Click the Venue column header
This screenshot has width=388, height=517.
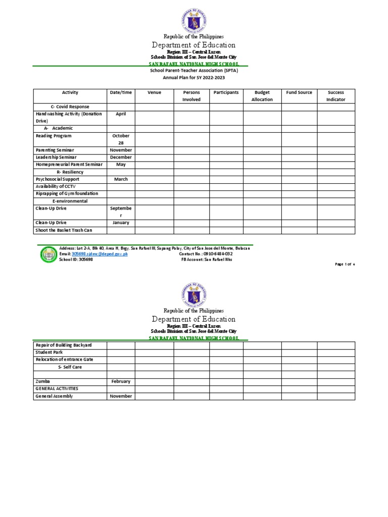pyautogui.click(x=154, y=92)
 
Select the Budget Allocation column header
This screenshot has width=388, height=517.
pyautogui.click(x=262, y=96)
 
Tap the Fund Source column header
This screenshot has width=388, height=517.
pyautogui.click(x=299, y=92)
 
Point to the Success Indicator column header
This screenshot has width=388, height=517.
pyautogui.click(x=336, y=96)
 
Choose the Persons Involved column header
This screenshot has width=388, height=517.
pyautogui.click(x=191, y=96)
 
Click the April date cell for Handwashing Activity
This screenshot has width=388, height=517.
pyautogui.click(x=121, y=114)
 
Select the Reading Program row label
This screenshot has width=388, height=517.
pyautogui.click(x=54, y=136)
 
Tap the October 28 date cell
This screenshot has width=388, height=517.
pyautogui.click(x=121, y=139)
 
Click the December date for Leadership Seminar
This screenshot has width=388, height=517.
pyautogui.click(x=121, y=158)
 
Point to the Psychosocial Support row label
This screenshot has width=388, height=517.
pyautogui.click(x=57, y=179)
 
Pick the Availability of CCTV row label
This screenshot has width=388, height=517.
pyautogui.click(x=56, y=186)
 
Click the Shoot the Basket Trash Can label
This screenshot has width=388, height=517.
pyautogui.click(x=64, y=230)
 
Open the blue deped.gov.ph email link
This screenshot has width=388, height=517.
pyautogui.click(x=100, y=254)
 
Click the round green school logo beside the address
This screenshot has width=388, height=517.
pyautogui.click(x=48, y=254)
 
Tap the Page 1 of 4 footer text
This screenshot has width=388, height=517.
pyautogui.click(x=345, y=264)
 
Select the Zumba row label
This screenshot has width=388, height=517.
pyautogui.click(x=43, y=382)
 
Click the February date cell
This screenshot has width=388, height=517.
pyautogui.click(x=121, y=382)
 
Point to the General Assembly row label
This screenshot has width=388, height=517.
pyautogui.click(x=54, y=396)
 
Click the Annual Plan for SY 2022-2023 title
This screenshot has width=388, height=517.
pyautogui.click(x=193, y=78)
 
